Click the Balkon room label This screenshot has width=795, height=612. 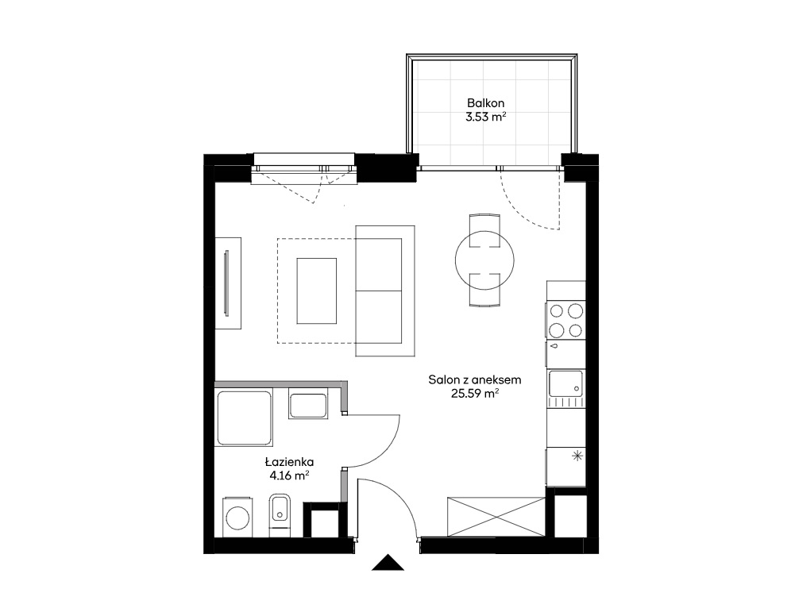pos(486,103)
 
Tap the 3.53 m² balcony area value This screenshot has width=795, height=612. pos(486,117)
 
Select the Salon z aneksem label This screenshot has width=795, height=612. pos(475,380)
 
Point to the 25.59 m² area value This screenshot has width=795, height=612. pos(475,393)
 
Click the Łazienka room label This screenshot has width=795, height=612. pos(290,462)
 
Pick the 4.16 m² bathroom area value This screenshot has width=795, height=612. pos(290,475)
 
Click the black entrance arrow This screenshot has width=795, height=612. pos(388,562)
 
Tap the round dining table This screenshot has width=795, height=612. pos(484,260)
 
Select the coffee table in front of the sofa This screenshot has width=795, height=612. pos(317,291)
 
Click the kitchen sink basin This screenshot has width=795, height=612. pos(565,383)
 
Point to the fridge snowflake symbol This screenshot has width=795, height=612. pos(577,456)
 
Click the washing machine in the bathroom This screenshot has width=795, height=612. pos(237,517)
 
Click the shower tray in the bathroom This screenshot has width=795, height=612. pos(244,418)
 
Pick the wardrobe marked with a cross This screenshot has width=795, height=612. pos(496,516)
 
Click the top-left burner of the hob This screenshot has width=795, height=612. pos(557,310)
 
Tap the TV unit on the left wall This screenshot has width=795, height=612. pos(228,283)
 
